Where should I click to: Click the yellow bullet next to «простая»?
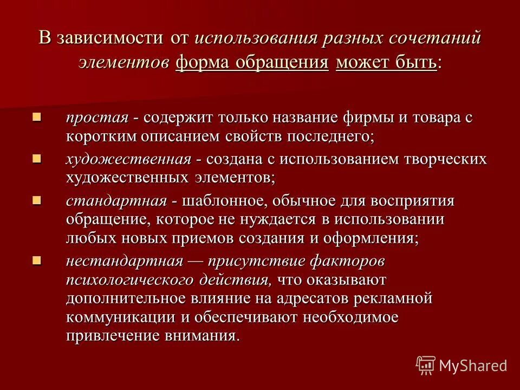tap(37, 117)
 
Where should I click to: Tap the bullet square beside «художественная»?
tap(37, 158)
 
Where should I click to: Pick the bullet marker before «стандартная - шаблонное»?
tap(37, 200)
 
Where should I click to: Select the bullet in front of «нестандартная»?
tap(37, 260)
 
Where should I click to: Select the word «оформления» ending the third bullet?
tap(373, 238)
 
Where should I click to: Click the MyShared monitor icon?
tap(426, 365)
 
